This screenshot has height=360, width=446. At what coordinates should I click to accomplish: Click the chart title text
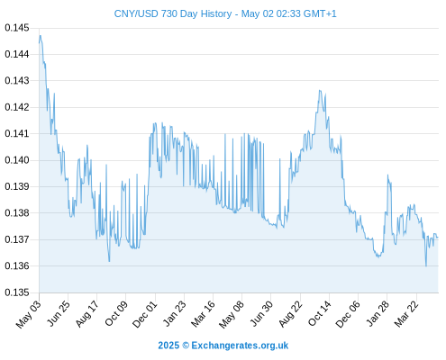(225, 13)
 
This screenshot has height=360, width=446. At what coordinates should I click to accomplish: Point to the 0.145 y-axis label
(17, 28)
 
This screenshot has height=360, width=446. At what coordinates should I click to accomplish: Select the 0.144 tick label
(17, 54)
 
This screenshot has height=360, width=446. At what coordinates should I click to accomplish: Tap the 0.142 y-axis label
(17, 107)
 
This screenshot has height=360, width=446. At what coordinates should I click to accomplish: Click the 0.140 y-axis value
(17, 160)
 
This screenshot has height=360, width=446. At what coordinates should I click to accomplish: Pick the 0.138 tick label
(17, 213)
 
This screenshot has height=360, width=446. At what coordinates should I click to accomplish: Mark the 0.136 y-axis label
(17, 265)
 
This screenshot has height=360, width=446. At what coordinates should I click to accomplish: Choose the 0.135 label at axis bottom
(17, 292)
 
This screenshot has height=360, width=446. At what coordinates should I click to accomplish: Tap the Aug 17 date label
(87, 314)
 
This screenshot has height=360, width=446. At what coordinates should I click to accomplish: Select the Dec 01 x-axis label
(145, 314)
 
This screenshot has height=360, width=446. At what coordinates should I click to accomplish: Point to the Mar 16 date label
(204, 314)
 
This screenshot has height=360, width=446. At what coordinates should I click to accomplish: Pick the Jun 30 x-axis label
(261, 314)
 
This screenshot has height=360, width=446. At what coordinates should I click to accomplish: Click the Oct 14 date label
(320, 314)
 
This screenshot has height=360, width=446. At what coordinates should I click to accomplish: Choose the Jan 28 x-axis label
(378, 314)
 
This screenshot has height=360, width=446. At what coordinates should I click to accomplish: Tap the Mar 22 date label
(406, 314)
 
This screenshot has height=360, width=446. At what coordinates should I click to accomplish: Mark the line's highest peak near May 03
(41, 35)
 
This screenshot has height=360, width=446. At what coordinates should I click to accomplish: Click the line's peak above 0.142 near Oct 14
(320, 90)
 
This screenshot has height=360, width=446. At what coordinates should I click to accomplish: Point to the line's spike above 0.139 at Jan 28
(387, 175)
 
